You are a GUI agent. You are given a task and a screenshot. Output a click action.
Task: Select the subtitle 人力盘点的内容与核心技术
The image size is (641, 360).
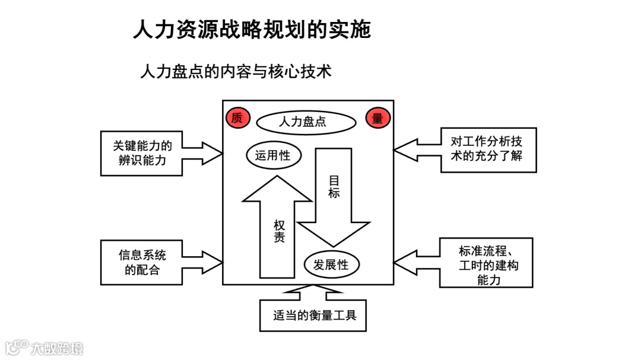pos(235,72)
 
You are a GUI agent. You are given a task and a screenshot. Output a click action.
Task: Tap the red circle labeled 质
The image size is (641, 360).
pos(237,118)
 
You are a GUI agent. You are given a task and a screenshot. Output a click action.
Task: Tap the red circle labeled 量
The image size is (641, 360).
pos(377,118)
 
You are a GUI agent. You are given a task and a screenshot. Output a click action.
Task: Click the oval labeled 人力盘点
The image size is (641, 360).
pos(306,122)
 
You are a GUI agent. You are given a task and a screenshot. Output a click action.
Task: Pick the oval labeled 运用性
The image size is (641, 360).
pos(273,156)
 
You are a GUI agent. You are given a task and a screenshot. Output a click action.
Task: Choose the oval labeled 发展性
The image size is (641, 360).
pos(332,265)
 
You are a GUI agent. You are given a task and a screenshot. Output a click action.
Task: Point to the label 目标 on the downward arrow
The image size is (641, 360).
pos(334,186)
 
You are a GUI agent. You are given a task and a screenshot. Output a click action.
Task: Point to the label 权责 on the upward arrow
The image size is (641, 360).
pos(279,231)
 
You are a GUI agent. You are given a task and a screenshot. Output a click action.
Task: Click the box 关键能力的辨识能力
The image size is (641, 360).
pos(142,153)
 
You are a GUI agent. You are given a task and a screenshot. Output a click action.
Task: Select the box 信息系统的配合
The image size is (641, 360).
pos(142,262)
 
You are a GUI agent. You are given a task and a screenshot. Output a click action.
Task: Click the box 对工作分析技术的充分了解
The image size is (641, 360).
pos(488,149)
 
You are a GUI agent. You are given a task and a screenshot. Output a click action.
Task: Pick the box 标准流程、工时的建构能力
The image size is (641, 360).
pos(486,263)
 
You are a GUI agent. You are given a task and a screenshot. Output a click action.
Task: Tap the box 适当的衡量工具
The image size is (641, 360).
pos(313,315)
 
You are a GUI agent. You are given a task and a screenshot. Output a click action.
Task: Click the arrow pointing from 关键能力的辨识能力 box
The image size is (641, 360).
pos(202,154)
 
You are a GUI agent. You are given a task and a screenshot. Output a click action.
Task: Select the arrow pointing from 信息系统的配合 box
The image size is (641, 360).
pos(202,262)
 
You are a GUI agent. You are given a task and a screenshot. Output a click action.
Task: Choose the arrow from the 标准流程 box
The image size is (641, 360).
pos(416,263)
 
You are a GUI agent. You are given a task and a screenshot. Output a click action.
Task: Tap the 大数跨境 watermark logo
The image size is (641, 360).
pos(45,347)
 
